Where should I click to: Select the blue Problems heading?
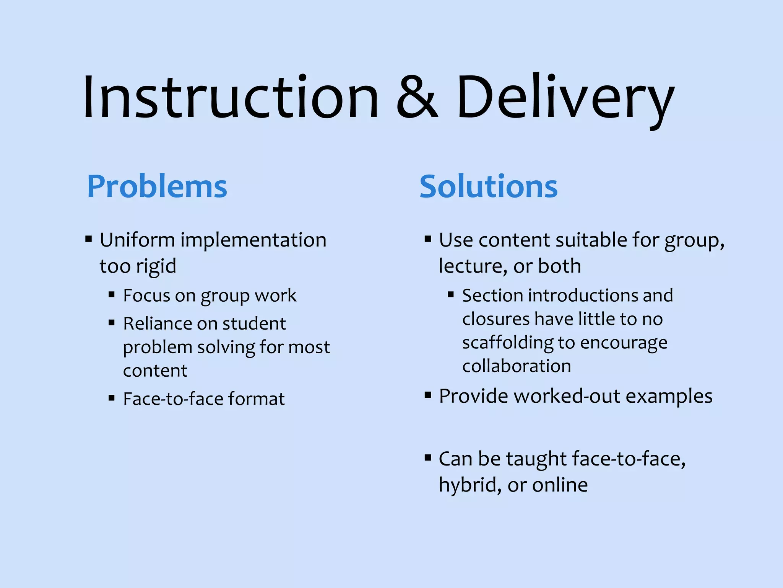click(157, 186)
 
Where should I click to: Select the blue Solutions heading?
click(489, 186)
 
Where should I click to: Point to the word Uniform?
click(137, 240)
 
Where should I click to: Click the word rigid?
click(157, 266)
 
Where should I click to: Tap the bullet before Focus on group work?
click(112, 294)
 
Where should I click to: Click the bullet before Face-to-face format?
click(112, 398)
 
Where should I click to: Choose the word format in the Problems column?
click(257, 399)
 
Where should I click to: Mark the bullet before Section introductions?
click(451, 294)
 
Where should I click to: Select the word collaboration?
click(517, 366)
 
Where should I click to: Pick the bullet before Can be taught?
click(428, 457)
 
